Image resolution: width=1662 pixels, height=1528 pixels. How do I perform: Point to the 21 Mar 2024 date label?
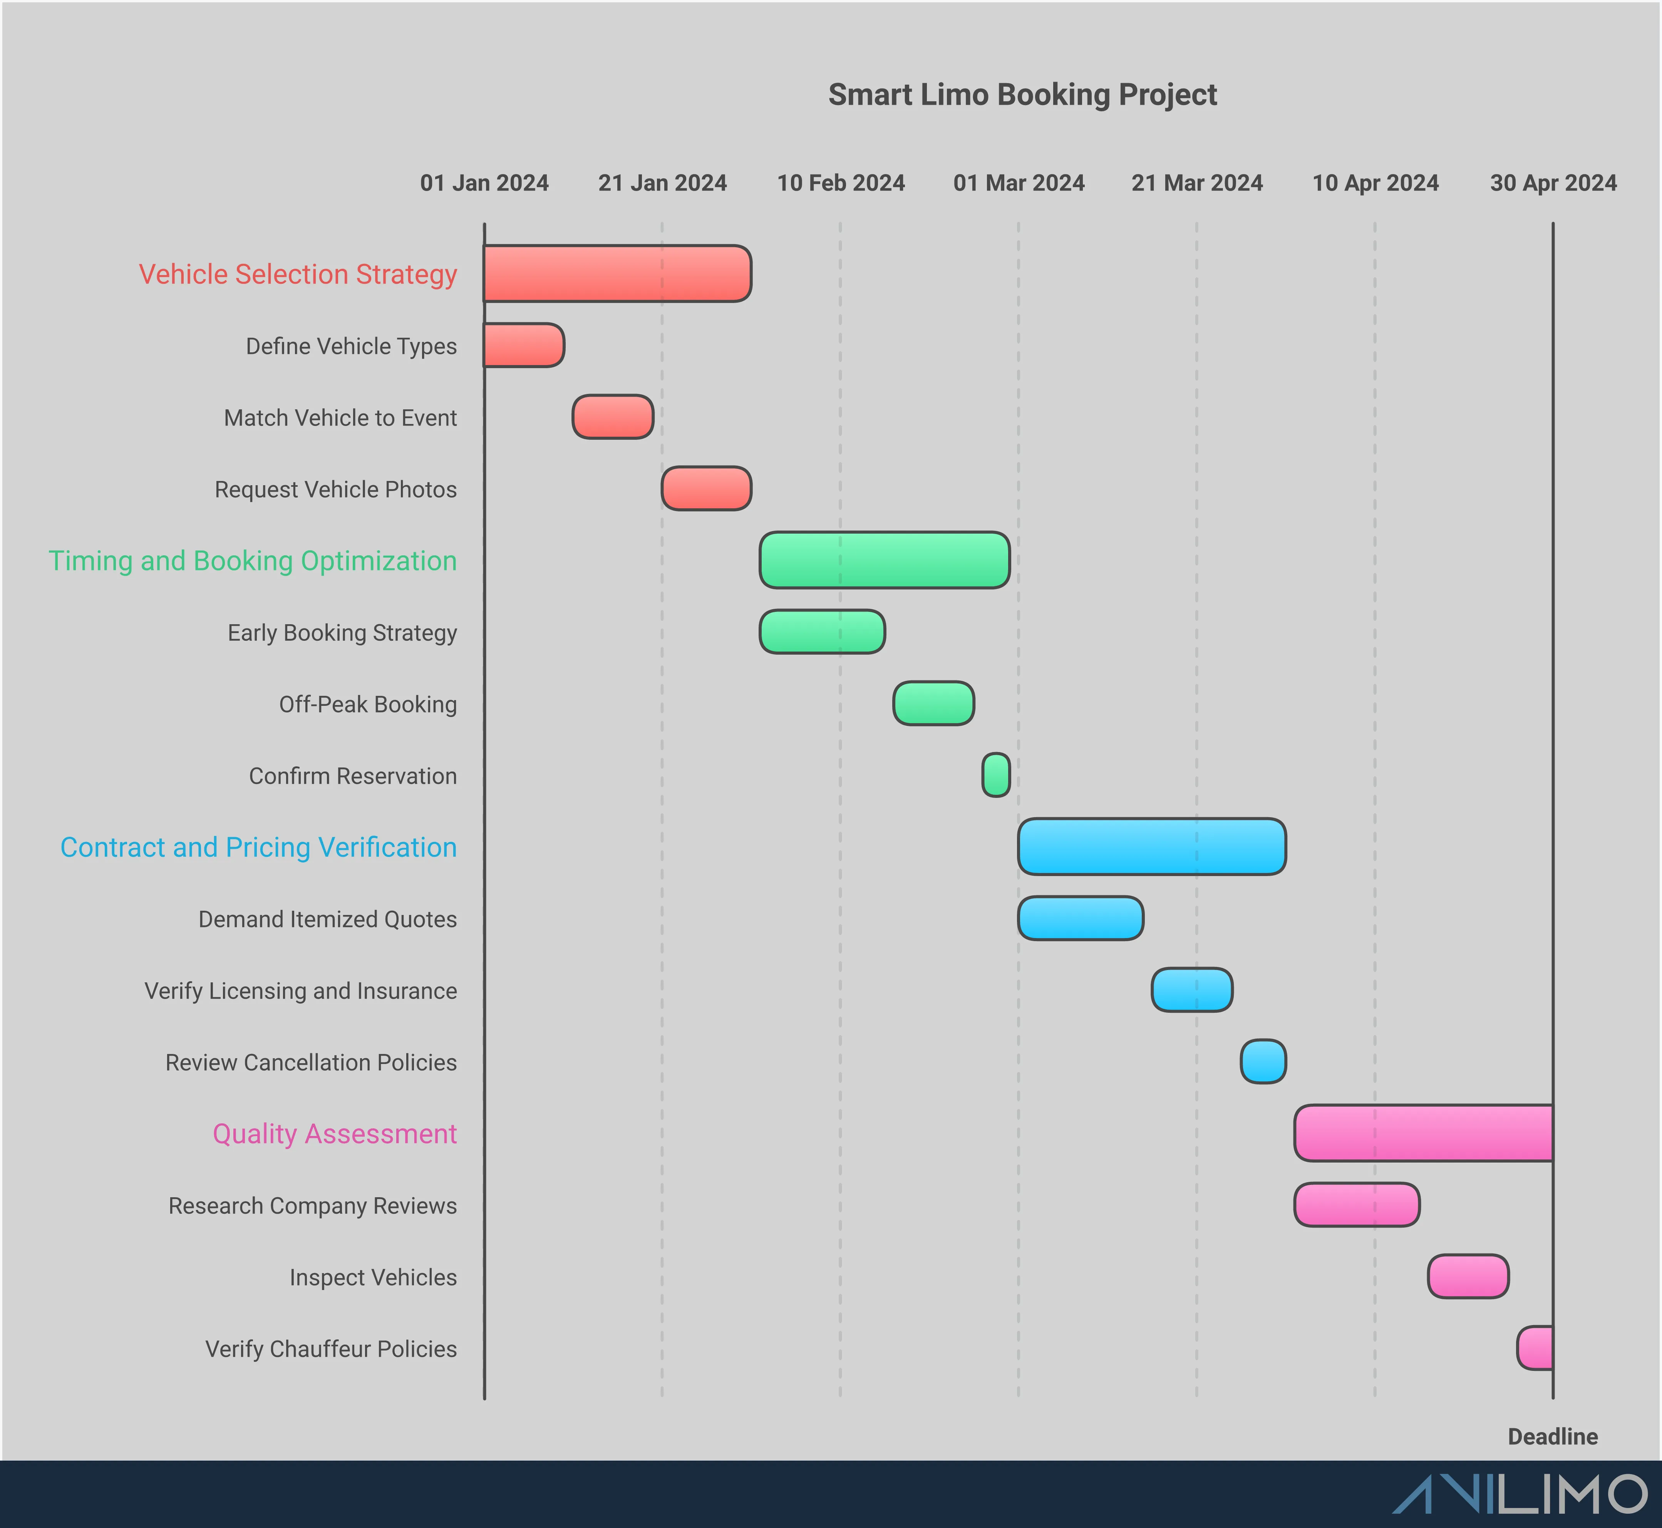pos(1196,183)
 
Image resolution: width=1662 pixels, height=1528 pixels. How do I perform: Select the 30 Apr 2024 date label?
pos(1553,183)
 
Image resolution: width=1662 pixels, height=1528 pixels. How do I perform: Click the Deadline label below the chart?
pos(1552,1436)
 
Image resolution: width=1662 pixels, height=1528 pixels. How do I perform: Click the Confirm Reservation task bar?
pos(995,775)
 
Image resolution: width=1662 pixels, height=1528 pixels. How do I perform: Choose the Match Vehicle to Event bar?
pos(613,417)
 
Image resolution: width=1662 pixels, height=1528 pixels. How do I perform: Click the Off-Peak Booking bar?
pos(933,704)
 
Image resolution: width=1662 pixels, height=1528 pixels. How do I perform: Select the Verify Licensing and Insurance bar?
pos(1191,990)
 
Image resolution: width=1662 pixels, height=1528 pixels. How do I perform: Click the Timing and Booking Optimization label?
pos(252,561)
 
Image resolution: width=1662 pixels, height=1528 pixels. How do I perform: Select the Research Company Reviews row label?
pos(313,1206)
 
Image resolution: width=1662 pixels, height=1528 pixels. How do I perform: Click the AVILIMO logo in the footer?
pos(1520,1494)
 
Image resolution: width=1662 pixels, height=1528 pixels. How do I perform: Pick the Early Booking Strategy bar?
pos(822,632)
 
